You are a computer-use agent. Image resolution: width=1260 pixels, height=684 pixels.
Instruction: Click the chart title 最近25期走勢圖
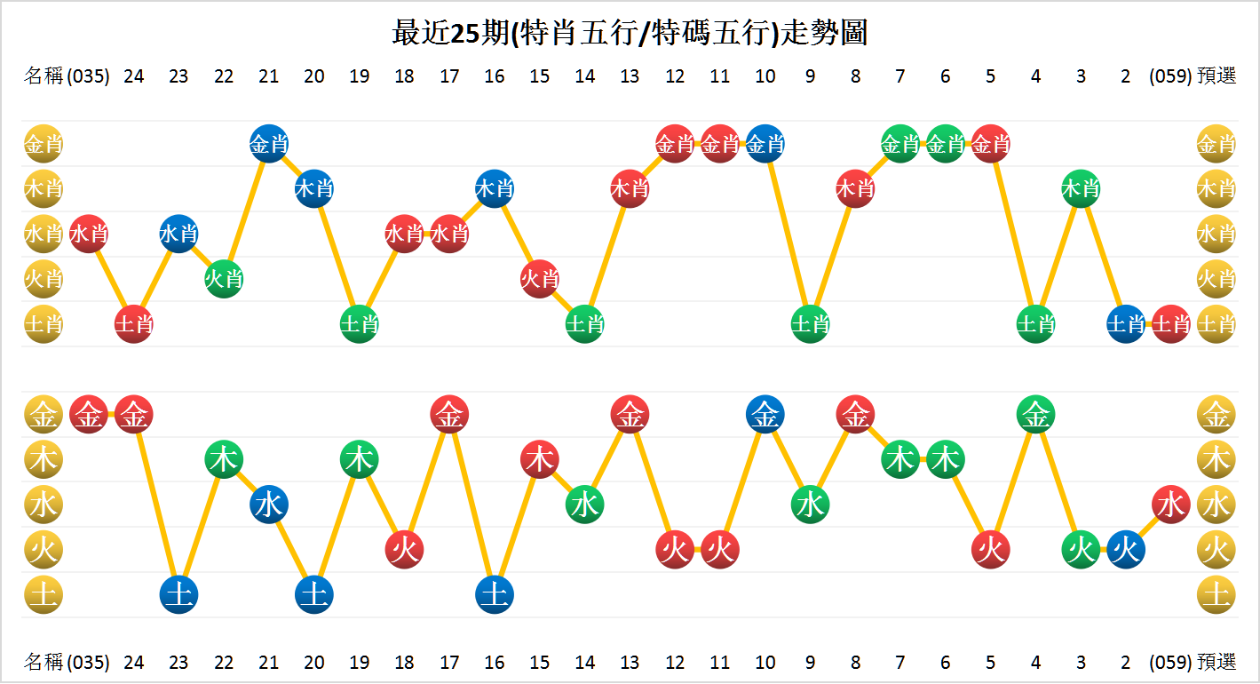pos(630,33)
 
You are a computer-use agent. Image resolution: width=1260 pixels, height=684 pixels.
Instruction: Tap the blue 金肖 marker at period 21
pos(269,144)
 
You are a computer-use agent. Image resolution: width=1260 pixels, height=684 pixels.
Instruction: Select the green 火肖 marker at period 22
pos(224,279)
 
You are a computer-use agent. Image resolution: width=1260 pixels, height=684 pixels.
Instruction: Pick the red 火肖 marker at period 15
pos(539,279)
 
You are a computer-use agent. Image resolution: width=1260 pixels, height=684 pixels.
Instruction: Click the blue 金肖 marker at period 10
pos(765,144)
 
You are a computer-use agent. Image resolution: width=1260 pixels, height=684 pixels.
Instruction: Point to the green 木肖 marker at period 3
pos(1081,188)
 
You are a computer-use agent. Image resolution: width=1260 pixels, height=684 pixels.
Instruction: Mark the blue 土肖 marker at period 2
pos(1125,324)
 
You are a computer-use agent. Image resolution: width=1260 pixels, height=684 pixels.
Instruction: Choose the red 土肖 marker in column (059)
pos(1170,324)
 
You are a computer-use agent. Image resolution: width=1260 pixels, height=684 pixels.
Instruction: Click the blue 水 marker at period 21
pos(269,505)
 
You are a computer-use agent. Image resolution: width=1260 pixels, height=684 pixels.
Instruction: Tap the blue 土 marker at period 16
pos(494,594)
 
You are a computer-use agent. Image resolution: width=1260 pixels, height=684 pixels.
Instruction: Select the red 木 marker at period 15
pos(539,459)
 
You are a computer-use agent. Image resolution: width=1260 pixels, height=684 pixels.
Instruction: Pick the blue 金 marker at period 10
pos(765,414)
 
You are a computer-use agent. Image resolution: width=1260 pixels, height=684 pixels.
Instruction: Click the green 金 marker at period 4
pos(1035,414)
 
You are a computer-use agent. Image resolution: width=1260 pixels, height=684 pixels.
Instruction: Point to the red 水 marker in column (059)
pos(1170,505)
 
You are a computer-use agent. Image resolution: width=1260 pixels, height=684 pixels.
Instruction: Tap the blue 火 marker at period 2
pos(1125,550)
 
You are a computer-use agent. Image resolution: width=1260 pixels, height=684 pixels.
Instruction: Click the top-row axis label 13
pos(630,76)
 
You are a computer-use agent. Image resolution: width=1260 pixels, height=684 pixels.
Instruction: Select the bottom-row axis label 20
pos(313,663)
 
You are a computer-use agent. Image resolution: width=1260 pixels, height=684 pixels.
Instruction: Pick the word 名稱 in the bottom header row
pos(44,663)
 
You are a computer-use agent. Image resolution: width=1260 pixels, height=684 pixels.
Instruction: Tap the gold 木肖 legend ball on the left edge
pos(43,188)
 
